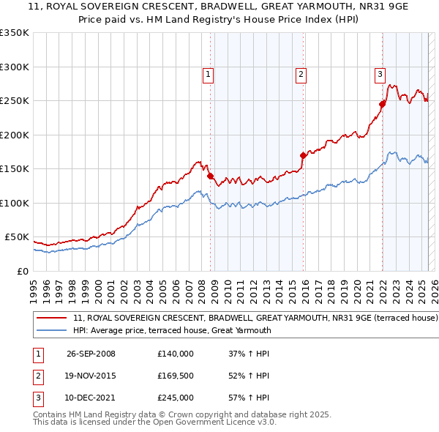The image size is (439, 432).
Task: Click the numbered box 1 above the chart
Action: (x=209, y=73)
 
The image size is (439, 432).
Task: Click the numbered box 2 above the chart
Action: (x=301, y=73)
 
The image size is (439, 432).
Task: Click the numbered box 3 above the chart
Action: (x=380, y=73)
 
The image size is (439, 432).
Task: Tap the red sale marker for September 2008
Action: (x=211, y=176)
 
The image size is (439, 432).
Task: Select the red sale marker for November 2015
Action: (x=303, y=155)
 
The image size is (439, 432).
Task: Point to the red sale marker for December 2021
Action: (x=382, y=104)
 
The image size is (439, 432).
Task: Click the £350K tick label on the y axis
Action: (x=15, y=33)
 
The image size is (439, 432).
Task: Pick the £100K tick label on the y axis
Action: (x=15, y=203)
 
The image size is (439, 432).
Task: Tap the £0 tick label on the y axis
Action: (x=22, y=271)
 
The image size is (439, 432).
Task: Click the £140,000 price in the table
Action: (x=175, y=354)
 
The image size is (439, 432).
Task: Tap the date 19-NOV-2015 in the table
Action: (x=91, y=376)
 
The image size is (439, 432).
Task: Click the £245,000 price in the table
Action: (x=175, y=398)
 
